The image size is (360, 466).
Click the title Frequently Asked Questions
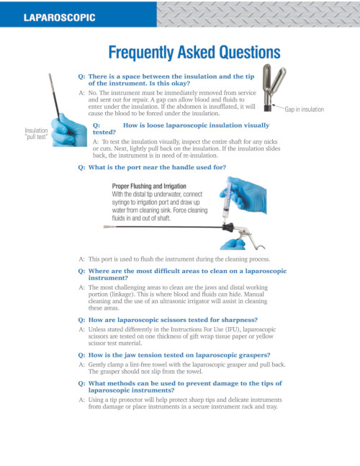coord(194,52)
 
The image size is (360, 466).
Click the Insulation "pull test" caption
coord(37,133)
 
